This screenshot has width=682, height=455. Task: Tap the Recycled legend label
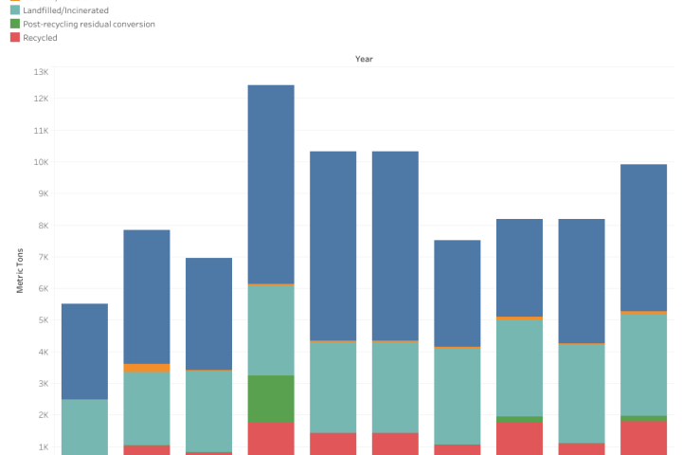pyautogui.click(x=41, y=38)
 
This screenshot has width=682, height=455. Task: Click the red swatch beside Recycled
pyautogui.click(x=15, y=38)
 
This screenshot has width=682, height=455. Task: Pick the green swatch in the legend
pyautogui.click(x=15, y=24)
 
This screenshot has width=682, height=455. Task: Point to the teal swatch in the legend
pyautogui.click(x=15, y=9)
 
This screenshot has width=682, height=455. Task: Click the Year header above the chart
pyautogui.click(x=364, y=59)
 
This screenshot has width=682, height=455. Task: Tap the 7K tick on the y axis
pyautogui.click(x=43, y=257)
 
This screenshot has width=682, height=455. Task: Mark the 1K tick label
pyautogui.click(x=43, y=446)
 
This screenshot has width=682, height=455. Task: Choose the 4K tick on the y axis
pyautogui.click(x=43, y=352)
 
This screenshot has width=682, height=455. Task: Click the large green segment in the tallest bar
pyautogui.click(x=271, y=398)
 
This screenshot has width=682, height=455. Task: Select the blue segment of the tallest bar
pyautogui.click(x=271, y=184)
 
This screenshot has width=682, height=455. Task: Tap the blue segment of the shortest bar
pyautogui.click(x=84, y=351)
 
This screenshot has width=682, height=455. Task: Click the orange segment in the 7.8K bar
pyautogui.click(x=147, y=368)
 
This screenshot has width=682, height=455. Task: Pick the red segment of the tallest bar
pyautogui.click(x=271, y=438)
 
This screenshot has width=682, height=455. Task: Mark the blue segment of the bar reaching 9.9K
pyautogui.click(x=643, y=237)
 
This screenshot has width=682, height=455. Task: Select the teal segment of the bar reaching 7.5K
pyautogui.click(x=457, y=395)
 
